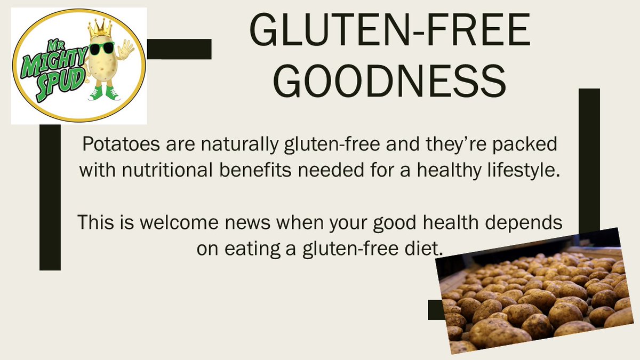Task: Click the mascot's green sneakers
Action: click(105, 94)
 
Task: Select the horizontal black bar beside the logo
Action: click(179, 49)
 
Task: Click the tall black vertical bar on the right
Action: click(589, 160)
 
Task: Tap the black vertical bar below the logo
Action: click(50, 197)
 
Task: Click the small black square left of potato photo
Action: click(435, 309)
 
